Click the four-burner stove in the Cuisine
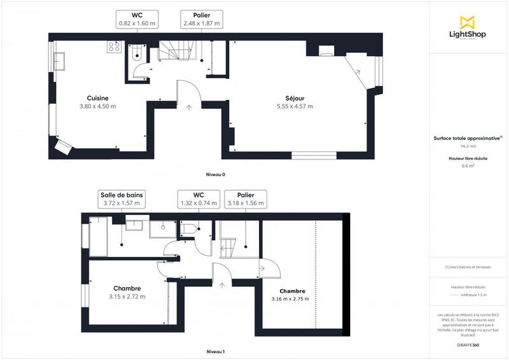pos(115,46)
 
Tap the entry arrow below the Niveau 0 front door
pos(188,107)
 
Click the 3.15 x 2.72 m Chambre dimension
pos(127,296)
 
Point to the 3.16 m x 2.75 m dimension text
pos(289,298)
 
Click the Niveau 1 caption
pos(216,351)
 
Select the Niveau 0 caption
pos(216,174)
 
